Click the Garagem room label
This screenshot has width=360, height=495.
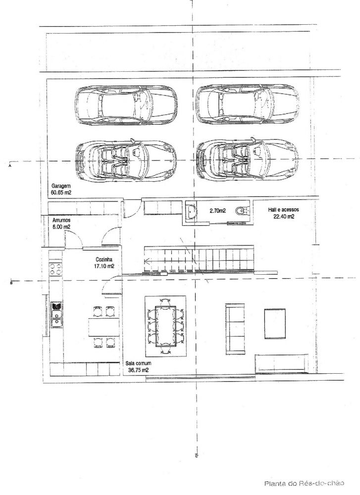point(61,186)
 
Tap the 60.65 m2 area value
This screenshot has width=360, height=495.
point(61,192)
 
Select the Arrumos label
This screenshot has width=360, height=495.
point(61,220)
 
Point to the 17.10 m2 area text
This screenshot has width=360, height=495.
point(104,266)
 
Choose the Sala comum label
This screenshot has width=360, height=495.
point(138,363)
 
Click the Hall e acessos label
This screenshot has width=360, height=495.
point(283,209)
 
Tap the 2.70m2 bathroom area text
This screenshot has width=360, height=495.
point(217,210)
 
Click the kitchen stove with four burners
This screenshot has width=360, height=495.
point(55,269)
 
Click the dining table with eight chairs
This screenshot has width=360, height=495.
point(165,326)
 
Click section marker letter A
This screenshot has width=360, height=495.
point(10,165)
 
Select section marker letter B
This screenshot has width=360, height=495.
point(11,283)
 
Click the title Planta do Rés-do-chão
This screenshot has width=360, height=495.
point(304,483)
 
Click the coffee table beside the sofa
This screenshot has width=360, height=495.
point(275,324)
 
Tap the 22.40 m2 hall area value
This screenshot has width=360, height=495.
point(284,217)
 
